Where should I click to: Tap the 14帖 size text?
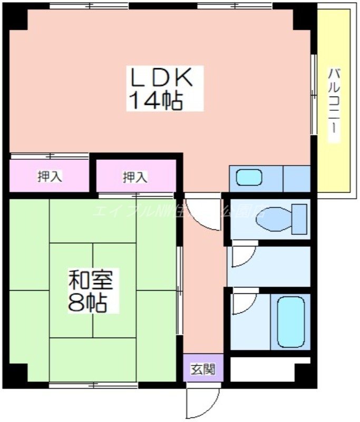[156, 100]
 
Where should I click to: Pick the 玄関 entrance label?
[203, 369]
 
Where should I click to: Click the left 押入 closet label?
[50, 177]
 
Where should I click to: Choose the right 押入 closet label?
[135, 177]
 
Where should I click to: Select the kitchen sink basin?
[249, 177]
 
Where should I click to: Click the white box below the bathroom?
[270, 368]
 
